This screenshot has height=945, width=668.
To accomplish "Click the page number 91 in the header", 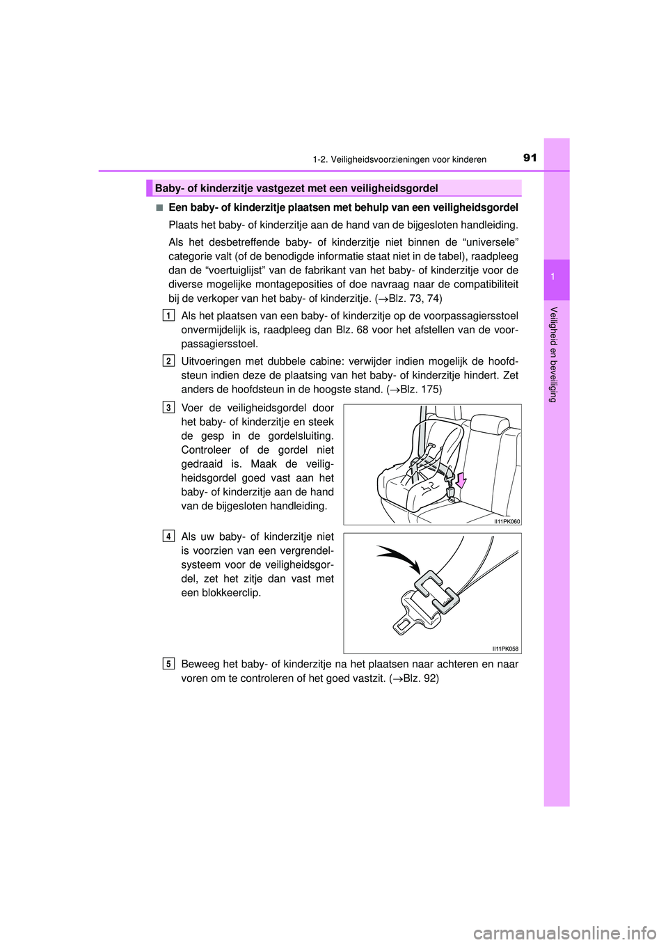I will tap(530, 158).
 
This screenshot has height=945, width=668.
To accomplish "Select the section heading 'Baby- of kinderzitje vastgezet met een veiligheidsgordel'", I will tap(296, 188).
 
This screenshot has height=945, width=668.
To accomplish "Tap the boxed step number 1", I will tap(169, 315).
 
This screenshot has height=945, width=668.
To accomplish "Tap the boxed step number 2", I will tap(169, 360).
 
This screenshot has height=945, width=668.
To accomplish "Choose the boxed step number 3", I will tap(169, 407).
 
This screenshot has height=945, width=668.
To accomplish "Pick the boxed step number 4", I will tap(169, 536).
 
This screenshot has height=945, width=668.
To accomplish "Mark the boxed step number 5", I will tap(169, 663).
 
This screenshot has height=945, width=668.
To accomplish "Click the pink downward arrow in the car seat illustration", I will tap(461, 479).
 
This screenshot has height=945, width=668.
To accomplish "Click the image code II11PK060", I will tap(507, 521).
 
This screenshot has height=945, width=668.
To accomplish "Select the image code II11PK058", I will tap(505, 649).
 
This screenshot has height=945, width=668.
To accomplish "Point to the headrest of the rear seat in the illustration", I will tap(490, 425).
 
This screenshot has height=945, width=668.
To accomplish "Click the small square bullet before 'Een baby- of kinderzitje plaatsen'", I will tap(159, 207).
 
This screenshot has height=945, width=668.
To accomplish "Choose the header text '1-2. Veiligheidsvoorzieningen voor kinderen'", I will tap(399, 159).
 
